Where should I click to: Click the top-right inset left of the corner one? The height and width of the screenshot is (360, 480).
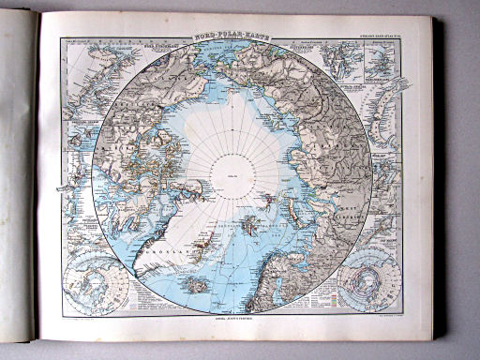click(339, 58)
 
